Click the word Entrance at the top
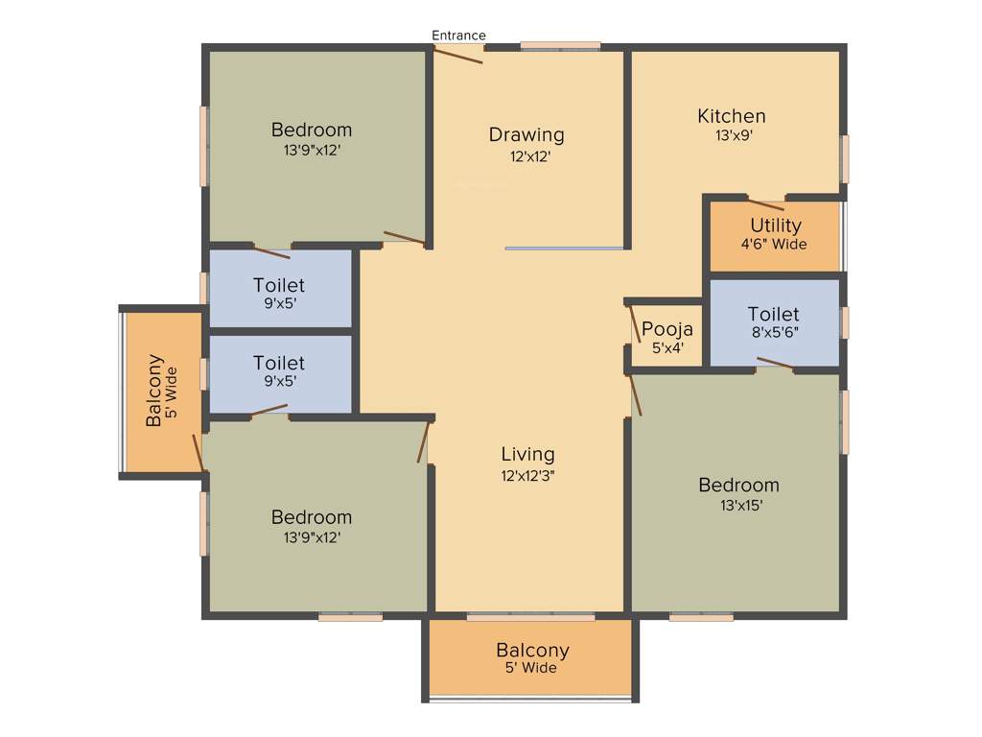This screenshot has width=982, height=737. coord(458,36)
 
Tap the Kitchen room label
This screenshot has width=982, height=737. coord(731,116)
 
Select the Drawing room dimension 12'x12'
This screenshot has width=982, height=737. coord(529,156)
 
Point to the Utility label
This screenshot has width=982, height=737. coord(775,226)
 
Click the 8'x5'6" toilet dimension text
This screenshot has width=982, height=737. coord(773,332)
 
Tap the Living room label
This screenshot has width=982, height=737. coord(527,454)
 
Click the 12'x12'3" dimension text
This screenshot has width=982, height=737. coord(527,474)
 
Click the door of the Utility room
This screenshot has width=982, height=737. coord(765,204)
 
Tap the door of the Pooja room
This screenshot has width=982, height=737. coord(634,322)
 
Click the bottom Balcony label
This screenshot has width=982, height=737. coord(532,650)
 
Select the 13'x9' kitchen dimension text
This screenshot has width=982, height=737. coord(732,136)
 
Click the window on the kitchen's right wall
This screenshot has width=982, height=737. coord(845,158)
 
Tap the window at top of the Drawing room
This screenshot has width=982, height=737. coord(560,45)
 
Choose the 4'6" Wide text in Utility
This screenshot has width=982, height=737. coord(774,244)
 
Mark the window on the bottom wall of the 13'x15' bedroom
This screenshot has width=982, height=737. coord(700,617)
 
